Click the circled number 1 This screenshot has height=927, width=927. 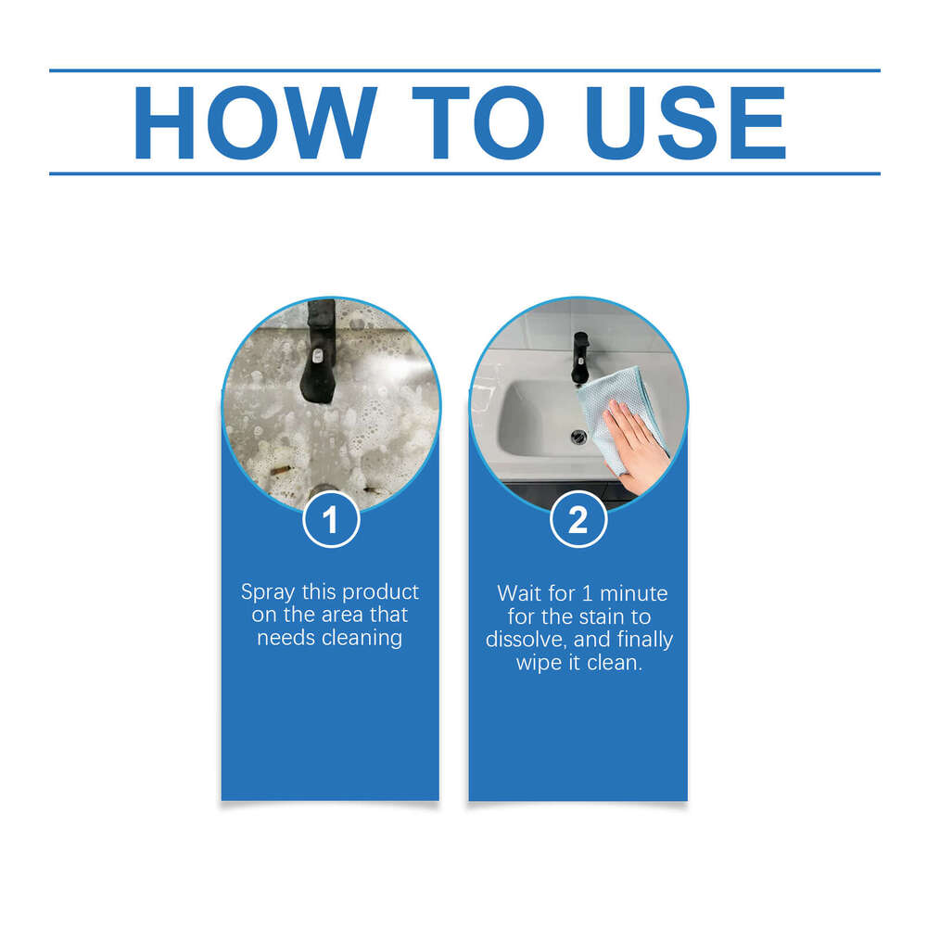coord(330,521)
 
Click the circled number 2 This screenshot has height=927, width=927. coord(578,521)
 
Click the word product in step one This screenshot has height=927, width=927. coord(382,592)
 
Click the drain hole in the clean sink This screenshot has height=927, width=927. coord(579,436)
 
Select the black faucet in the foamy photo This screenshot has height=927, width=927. coord(318,362)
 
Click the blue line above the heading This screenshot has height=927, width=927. coord(463,70)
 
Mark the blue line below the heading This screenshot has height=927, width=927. coord(463,173)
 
